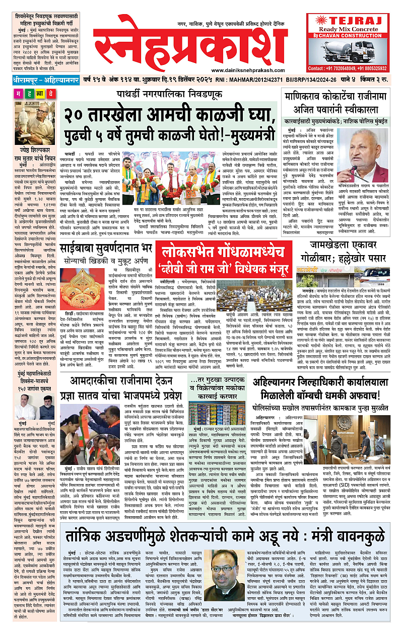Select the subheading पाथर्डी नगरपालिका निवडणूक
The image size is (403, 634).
[167, 94]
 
